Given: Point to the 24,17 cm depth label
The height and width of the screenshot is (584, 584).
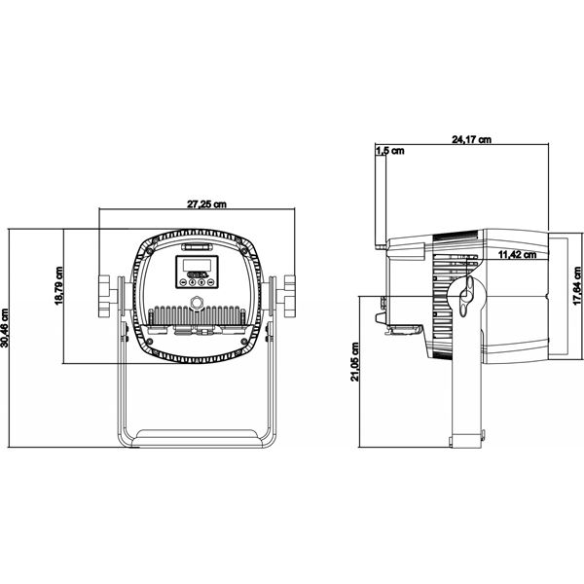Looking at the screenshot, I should [471, 139].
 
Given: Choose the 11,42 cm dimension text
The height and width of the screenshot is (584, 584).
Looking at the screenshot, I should [517, 255].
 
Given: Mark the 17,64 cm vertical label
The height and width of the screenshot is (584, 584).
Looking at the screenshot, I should [576, 287].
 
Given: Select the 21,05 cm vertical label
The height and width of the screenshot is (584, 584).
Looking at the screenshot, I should [356, 363].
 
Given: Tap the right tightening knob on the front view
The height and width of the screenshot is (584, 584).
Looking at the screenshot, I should [286, 295].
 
